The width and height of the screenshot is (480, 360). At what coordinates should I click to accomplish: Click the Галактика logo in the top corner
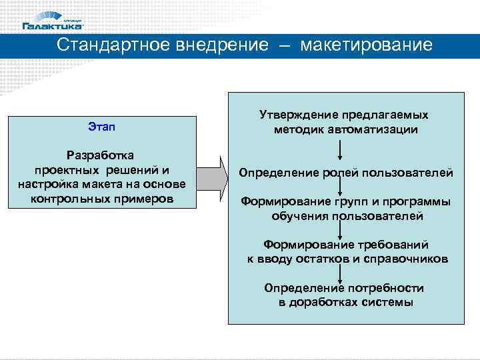pyautogui.click(x=53, y=21)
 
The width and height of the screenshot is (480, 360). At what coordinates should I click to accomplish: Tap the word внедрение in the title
pyautogui.click(x=222, y=45)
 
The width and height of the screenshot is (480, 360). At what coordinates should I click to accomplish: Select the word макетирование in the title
pyautogui.click(x=366, y=45)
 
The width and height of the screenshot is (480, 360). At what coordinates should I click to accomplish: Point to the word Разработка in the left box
pyautogui.click(x=102, y=155)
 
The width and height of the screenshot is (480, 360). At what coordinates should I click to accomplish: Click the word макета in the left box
pyautogui.click(x=113, y=185)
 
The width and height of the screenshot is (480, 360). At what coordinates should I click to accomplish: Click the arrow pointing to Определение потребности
pyautogui.click(x=341, y=273)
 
